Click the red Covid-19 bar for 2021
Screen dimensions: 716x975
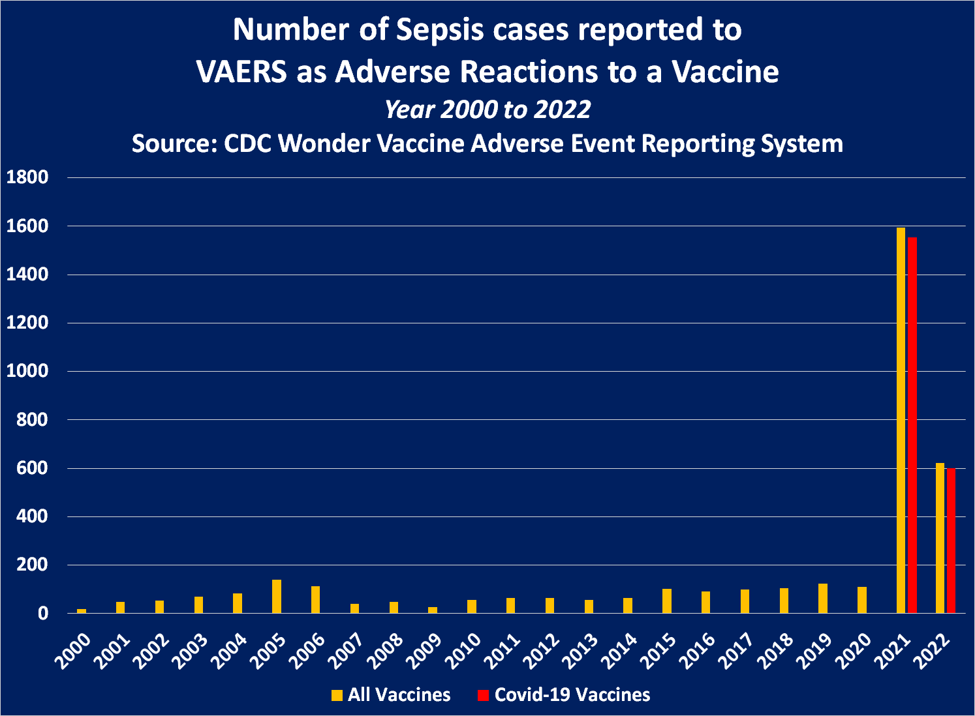pyautogui.click(x=912, y=424)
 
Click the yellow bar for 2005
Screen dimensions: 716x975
pyautogui.click(x=277, y=596)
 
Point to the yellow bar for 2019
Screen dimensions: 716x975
pyautogui.click(x=823, y=598)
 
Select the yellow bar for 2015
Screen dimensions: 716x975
pyautogui.click(x=667, y=601)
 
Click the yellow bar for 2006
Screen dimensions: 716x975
pyautogui.click(x=316, y=599)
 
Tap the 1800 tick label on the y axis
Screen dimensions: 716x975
pyautogui.click(x=27, y=177)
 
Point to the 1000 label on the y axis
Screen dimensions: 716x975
pyautogui.click(x=27, y=371)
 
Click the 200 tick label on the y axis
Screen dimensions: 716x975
pyautogui.click(x=32, y=565)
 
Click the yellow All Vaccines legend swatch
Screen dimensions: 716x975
pyautogui.click(x=337, y=695)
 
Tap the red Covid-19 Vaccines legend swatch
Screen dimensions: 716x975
pyautogui.click(x=483, y=695)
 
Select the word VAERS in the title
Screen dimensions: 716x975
pyautogui.click(x=241, y=72)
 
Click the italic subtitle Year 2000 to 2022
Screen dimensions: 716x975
pyautogui.click(x=487, y=109)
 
